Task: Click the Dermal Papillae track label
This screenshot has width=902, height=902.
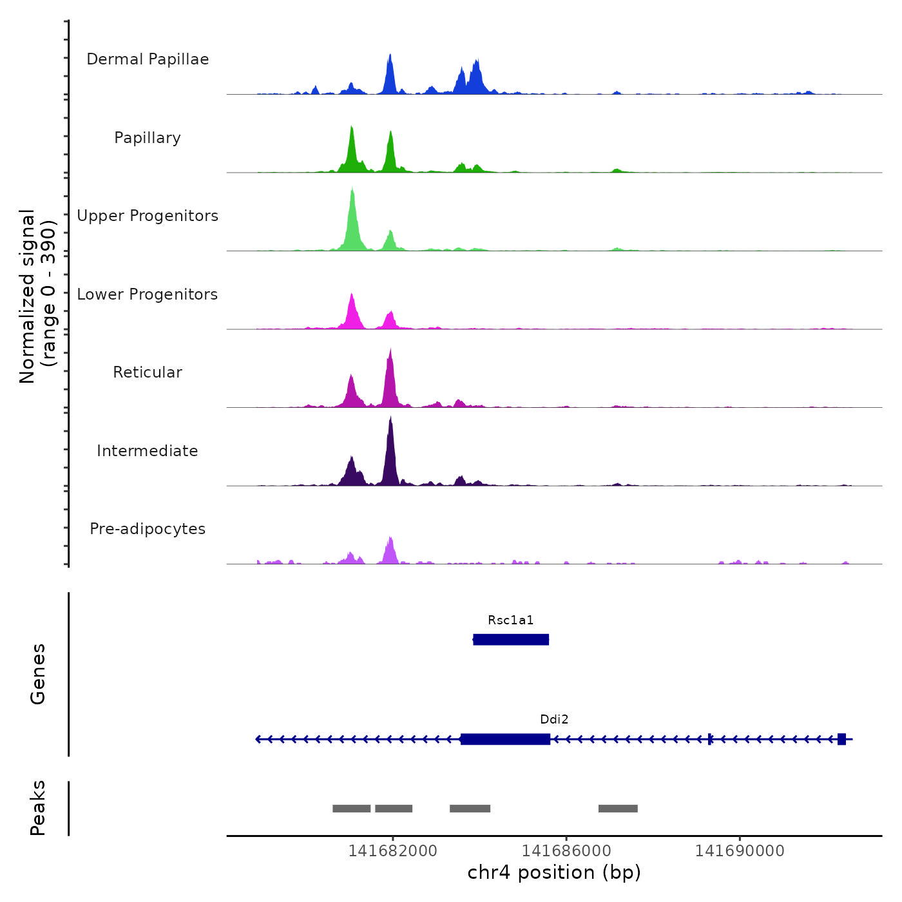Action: point(148,59)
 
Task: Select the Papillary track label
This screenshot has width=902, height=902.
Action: point(148,138)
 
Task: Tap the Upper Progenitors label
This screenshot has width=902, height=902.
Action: point(148,216)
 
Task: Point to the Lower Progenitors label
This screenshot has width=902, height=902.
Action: point(148,294)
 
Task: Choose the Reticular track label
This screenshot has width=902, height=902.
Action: point(148,372)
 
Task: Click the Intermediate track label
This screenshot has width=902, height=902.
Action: point(148,451)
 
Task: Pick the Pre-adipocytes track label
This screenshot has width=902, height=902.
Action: point(148,529)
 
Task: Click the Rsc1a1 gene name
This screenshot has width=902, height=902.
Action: point(510,620)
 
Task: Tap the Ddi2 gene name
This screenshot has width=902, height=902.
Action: point(554,720)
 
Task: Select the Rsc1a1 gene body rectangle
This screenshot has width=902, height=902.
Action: point(511,640)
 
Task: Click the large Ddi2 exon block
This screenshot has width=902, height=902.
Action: point(506,739)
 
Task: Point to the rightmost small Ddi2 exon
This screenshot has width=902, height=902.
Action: point(841,739)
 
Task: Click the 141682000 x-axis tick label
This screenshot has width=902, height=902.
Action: point(392,851)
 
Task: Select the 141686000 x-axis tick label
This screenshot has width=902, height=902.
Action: point(566,851)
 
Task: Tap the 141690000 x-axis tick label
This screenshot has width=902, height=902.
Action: point(740,851)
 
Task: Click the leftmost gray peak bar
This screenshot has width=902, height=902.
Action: point(351,809)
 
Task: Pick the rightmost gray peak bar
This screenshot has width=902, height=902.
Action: point(618,809)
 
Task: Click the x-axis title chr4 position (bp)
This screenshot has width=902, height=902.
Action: point(554,872)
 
